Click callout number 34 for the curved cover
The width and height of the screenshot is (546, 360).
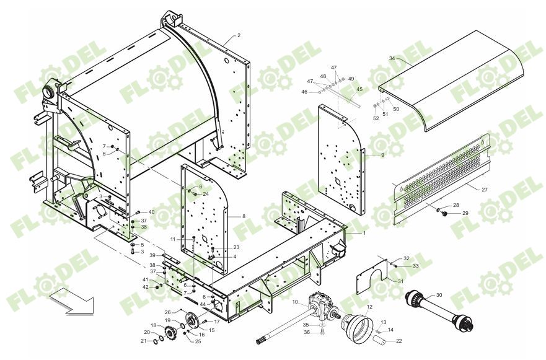[x=392, y=58]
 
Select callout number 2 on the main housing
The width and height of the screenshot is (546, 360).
[x=239, y=35]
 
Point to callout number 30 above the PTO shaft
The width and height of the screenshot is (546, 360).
[x=439, y=295]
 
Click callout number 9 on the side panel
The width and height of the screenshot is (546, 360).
[x=382, y=155]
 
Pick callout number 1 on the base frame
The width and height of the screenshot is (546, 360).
[x=364, y=233]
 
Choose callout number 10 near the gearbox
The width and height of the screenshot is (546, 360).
[x=295, y=302]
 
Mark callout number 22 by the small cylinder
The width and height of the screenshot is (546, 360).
[x=398, y=341]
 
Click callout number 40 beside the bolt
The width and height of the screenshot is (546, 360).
[x=151, y=213]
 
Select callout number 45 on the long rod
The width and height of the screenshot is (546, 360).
[x=359, y=89]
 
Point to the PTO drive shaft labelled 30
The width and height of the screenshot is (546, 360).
[x=441, y=310]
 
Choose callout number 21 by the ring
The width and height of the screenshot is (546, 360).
[x=143, y=341]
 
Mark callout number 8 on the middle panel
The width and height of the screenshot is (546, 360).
[x=244, y=216]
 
